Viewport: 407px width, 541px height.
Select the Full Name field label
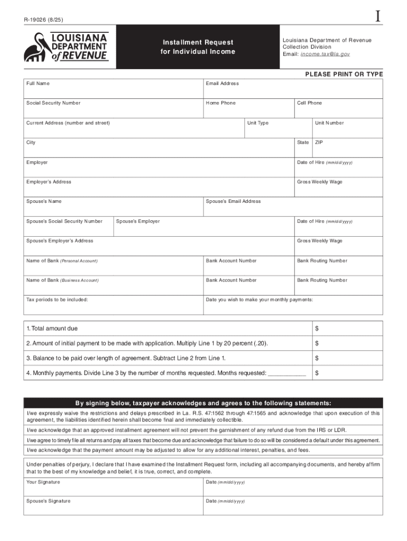pos(38,83)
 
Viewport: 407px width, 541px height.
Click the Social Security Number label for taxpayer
pos(53,103)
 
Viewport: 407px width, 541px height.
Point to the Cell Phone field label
pos(309,103)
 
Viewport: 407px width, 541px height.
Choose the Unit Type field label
pos(258,123)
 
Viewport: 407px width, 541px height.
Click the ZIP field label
pos(319,143)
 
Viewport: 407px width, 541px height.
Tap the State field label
pos(303,143)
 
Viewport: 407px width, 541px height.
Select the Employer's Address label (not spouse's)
pos(49,182)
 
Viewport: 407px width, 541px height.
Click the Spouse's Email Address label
pos(233,201)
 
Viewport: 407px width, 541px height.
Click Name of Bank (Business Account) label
pos(62,281)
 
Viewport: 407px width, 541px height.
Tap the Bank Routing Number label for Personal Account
pos(322,261)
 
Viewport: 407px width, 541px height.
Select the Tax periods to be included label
pos(57,300)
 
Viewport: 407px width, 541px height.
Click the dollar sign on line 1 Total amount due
pos(317,329)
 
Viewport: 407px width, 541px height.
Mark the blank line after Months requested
pos(287,374)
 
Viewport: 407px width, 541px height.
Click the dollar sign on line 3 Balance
pos(317,358)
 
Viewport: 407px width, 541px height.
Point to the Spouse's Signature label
pos(48,501)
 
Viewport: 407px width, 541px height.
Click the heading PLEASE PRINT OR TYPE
pos(344,74)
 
